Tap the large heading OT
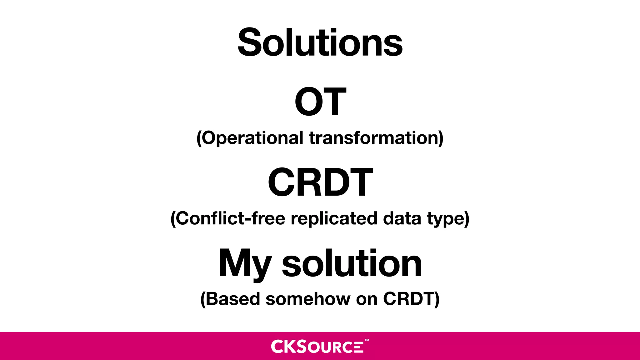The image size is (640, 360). pos(320,102)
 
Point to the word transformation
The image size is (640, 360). pos(374,138)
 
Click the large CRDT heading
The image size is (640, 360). pos(320,182)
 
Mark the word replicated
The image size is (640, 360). pos(334,218)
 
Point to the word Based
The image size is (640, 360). pos(233,299)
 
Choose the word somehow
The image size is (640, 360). pos(308,299)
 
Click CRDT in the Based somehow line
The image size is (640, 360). pos(409,299)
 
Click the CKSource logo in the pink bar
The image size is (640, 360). pos(317,346)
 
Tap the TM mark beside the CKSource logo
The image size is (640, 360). pos(367,340)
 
